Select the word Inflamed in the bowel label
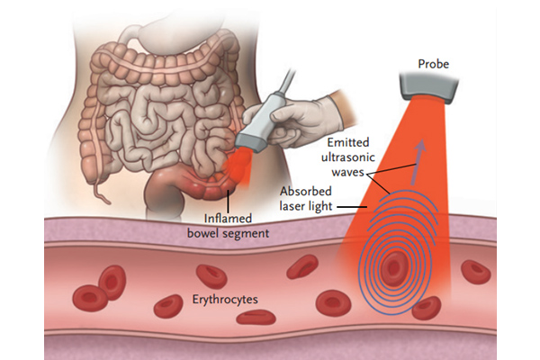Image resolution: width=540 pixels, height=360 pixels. coord(229,218)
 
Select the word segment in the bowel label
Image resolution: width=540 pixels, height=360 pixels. coord(247,234)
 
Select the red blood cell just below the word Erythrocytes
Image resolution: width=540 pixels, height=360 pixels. coord(260,316)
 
